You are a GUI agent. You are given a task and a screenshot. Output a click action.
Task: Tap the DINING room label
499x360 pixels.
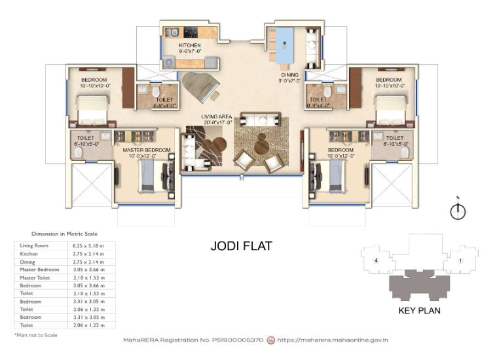289,75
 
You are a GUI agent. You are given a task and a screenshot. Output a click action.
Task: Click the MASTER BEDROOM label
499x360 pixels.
147,150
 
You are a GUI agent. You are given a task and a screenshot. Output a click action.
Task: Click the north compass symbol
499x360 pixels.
458,211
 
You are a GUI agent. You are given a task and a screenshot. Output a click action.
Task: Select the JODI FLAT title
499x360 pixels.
241,246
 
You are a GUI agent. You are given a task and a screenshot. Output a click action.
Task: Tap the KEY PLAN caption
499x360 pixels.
419,310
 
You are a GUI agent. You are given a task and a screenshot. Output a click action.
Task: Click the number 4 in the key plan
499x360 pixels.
376,261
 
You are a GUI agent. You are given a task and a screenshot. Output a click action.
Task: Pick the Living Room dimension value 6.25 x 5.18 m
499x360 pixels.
88,245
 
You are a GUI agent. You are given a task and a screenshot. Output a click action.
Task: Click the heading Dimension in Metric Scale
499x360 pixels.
64,234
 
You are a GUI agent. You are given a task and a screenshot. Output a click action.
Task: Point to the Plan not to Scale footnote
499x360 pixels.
36,334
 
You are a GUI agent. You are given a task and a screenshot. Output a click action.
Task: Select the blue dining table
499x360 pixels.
285,46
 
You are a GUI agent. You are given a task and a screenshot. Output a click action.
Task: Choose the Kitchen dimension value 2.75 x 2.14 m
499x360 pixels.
88,253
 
